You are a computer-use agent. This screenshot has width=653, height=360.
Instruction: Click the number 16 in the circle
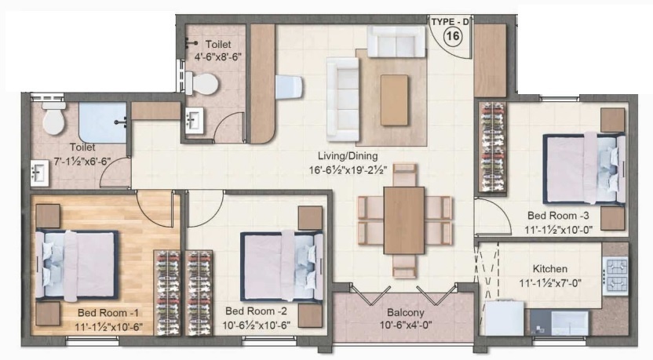452,35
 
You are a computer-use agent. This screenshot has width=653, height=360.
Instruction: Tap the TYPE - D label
450,20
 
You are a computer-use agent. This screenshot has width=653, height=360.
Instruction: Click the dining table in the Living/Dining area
404,220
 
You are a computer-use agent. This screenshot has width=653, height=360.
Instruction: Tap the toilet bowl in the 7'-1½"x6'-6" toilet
54,119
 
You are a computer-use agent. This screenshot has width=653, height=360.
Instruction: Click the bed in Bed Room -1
76,264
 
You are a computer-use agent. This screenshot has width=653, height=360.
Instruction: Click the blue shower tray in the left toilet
102,123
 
